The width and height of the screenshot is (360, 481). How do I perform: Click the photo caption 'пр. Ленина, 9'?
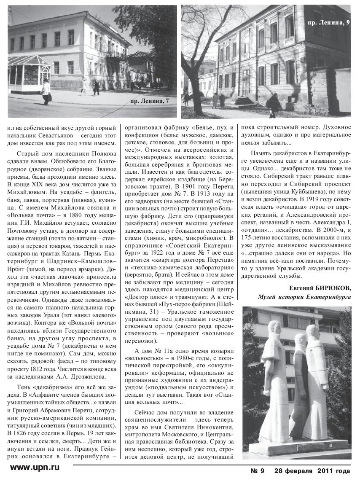point(329,22)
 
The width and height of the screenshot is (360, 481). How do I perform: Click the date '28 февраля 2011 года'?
point(312,471)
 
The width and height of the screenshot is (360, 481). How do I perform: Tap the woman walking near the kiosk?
point(46,91)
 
